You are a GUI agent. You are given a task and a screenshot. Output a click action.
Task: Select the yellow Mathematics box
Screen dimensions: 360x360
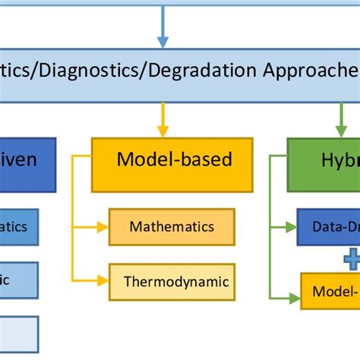click(x=172, y=226)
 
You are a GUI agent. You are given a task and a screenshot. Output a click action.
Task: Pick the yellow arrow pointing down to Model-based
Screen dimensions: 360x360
click(x=162, y=122)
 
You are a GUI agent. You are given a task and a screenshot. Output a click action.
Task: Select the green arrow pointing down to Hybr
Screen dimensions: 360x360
click(x=340, y=122)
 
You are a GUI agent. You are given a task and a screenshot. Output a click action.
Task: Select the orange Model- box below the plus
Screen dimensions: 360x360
click(x=330, y=290)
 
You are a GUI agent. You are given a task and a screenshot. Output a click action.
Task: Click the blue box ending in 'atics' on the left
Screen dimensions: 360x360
click(x=19, y=226)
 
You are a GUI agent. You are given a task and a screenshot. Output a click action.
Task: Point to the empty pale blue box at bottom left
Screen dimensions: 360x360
click(x=19, y=333)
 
